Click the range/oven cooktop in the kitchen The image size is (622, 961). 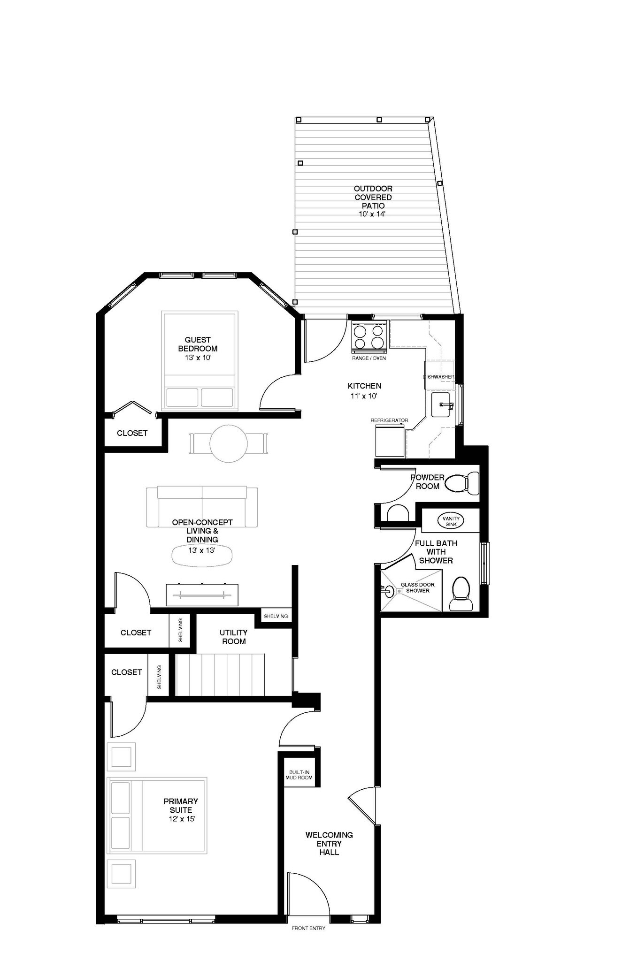point(369,337)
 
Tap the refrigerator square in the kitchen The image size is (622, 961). point(390,442)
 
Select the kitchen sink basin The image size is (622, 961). point(442,404)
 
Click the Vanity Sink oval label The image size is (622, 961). point(451,521)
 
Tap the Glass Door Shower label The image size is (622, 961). point(417,587)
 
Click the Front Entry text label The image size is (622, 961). point(308,928)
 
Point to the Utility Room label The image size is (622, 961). point(233,637)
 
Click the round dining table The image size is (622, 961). point(229,443)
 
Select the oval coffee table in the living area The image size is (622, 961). point(202,556)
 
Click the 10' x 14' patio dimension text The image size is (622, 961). point(373,214)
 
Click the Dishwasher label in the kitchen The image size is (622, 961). point(438,377)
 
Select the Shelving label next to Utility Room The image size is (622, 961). point(276,616)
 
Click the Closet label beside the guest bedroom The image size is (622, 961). point(132,433)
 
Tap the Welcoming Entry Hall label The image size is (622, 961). point(329,843)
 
